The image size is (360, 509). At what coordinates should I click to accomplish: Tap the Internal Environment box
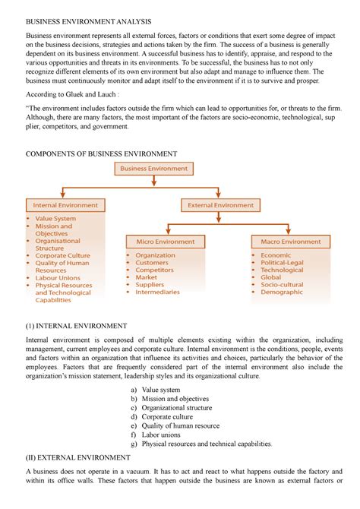click(x=65, y=205)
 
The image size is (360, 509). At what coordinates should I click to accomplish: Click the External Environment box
click(x=221, y=205)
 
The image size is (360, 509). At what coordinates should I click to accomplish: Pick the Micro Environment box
click(x=166, y=242)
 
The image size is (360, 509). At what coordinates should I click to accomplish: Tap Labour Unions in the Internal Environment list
click(x=58, y=277)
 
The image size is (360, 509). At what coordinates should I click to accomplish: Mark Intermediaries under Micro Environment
click(x=157, y=292)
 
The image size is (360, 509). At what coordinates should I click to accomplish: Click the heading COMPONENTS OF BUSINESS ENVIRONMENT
click(x=101, y=153)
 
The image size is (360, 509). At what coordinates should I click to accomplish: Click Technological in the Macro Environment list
click(x=282, y=270)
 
